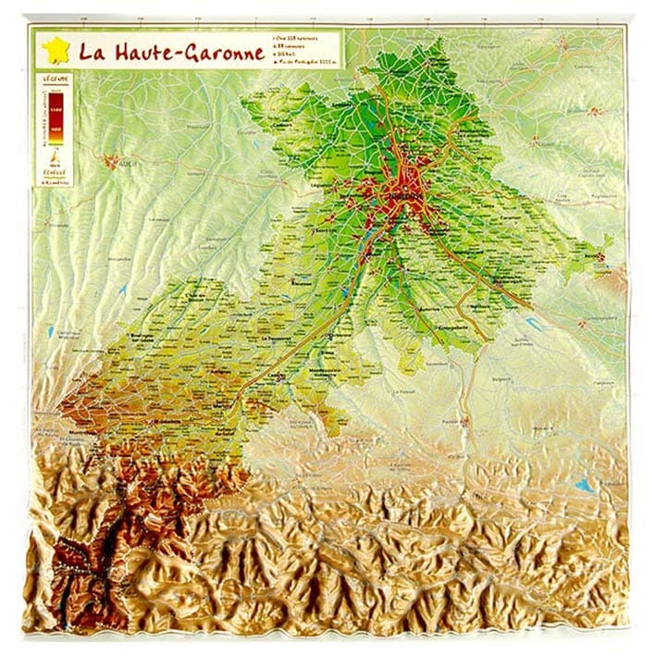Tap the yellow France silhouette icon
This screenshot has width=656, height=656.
click(55, 50)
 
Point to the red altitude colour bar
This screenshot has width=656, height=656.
click(55, 116)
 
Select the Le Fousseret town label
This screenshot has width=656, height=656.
click(278, 339)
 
